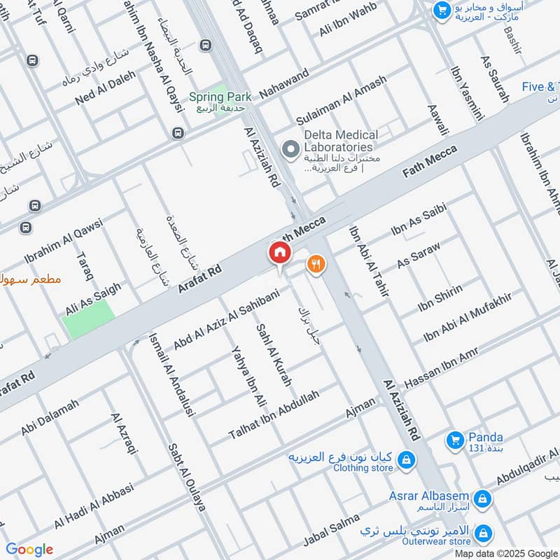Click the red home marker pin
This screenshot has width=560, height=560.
tap(279, 253)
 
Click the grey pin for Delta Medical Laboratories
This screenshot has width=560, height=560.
tap(288, 148)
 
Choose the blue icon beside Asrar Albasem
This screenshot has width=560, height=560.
tap(481, 499)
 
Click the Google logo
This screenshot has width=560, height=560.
tap(29, 549)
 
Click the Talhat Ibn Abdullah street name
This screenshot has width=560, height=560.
tap(273, 415)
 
